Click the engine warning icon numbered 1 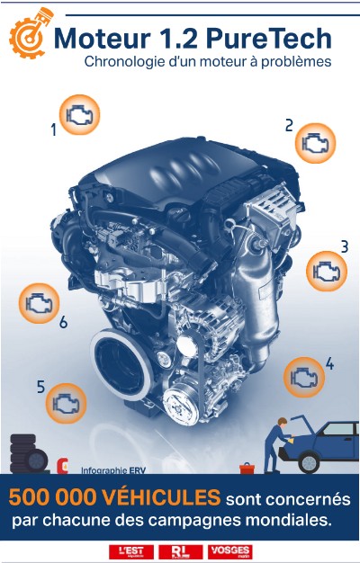[79, 115]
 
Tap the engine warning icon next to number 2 [315, 142]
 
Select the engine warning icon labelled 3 [326, 271]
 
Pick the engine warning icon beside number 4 [304, 377]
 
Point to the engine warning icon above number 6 [39, 302]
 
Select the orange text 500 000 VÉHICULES [114, 497]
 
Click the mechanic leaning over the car [280, 441]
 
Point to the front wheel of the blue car [309, 462]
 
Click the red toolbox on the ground [247, 468]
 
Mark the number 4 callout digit [329, 364]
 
